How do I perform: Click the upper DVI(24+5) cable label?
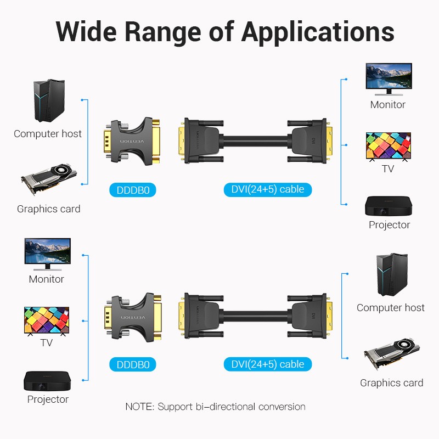pyautogui.click(x=268, y=189)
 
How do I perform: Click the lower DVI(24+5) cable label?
pyautogui.click(x=268, y=364)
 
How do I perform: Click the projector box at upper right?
pyautogui.click(x=389, y=206)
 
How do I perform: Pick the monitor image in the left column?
pyautogui.click(x=47, y=253)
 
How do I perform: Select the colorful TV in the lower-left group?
pyautogui.click(x=47, y=321)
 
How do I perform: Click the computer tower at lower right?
pyautogui.click(x=391, y=275)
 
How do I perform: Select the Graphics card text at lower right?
pyautogui.click(x=391, y=383)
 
